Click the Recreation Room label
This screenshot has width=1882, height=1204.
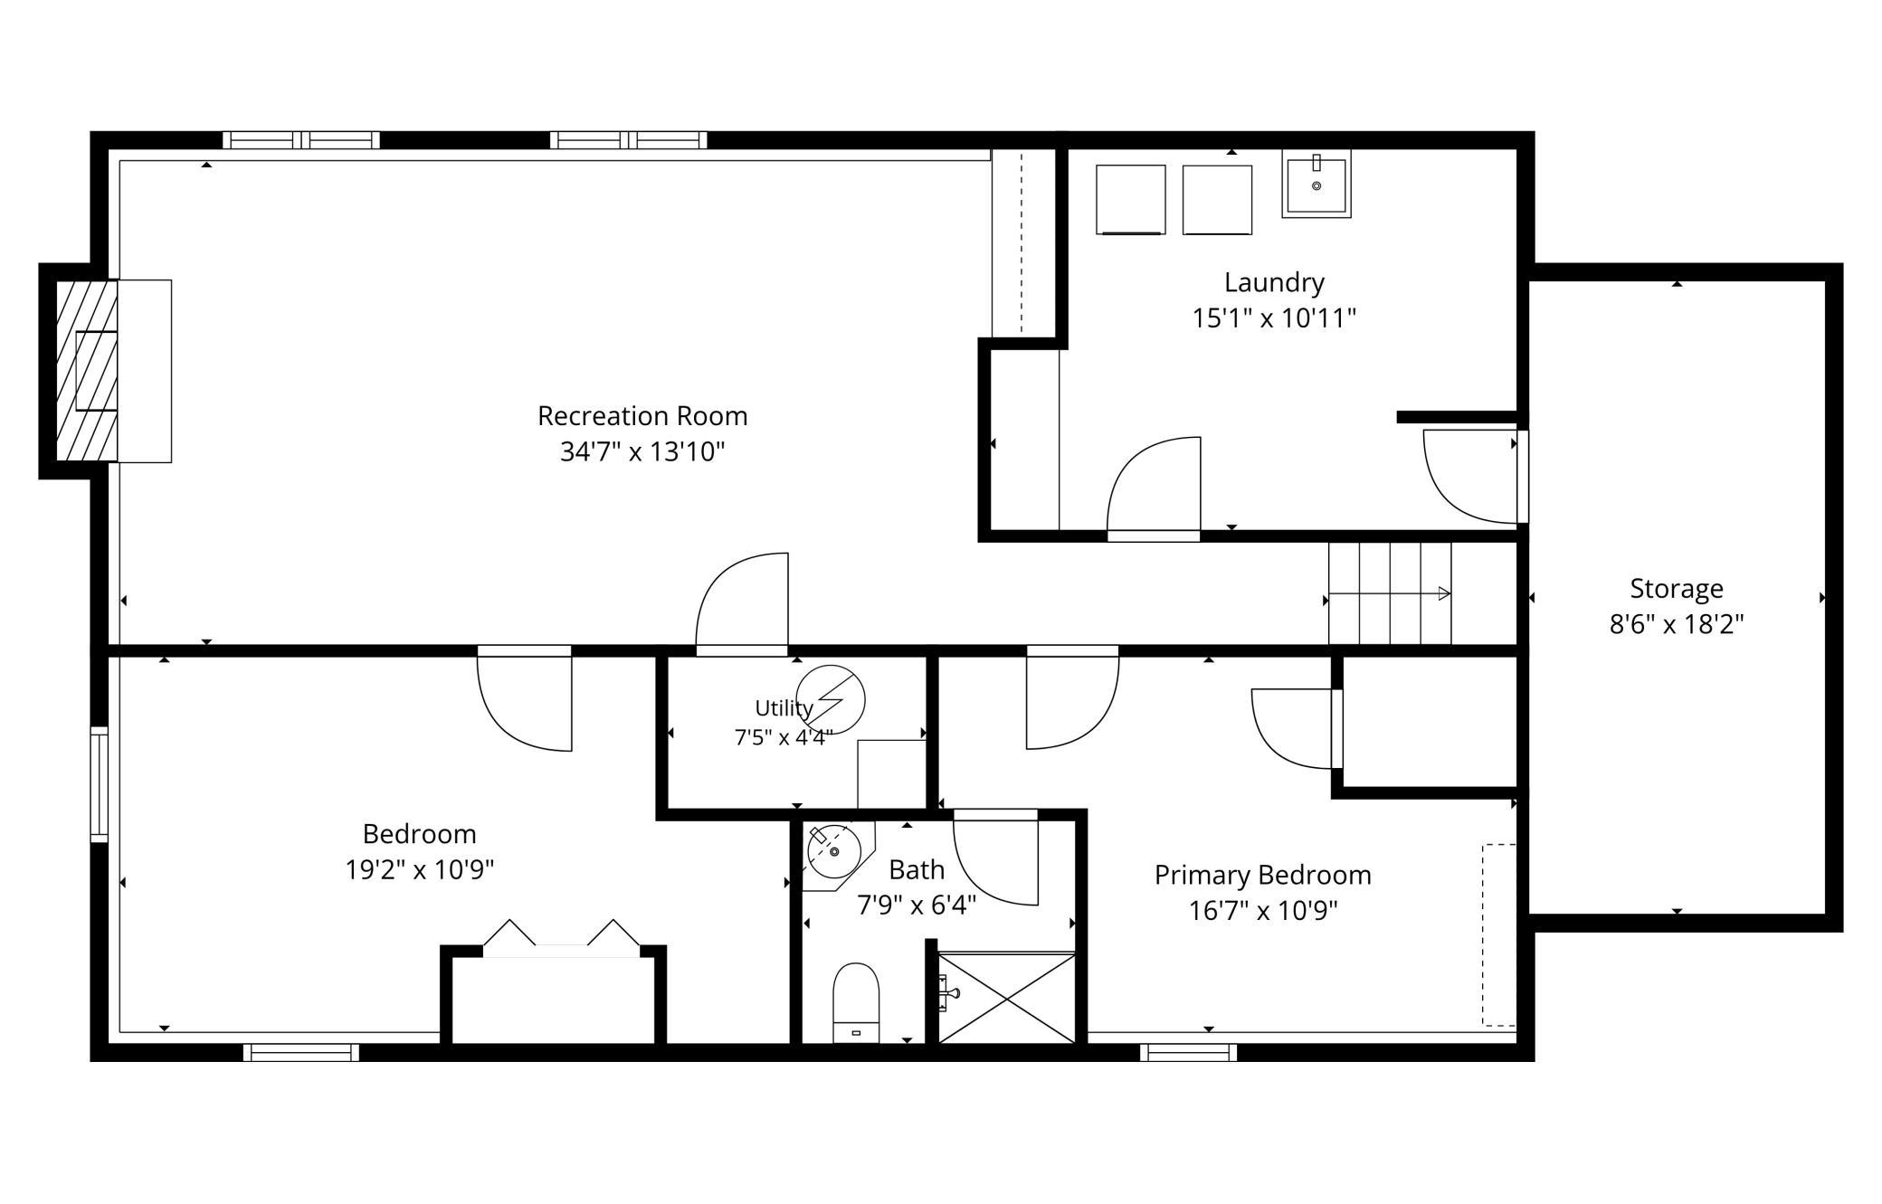point(642,416)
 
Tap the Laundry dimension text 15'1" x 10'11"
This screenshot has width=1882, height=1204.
point(1274,318)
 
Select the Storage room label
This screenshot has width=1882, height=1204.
point(1677,589)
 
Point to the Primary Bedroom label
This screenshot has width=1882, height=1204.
point(1263,876)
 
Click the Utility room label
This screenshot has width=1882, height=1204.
point(784,707)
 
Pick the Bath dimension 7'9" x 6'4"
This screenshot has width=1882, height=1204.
point(917,905)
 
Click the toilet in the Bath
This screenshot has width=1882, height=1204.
point(856,1002)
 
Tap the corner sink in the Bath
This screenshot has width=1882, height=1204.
point(834,851)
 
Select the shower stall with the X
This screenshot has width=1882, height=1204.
point(1007,998)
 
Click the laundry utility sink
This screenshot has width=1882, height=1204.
point(1316,184)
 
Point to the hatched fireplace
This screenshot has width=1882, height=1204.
point(87,371)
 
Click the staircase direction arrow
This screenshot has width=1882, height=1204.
point(1390,593)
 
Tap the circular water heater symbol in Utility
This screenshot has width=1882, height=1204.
point(831,699)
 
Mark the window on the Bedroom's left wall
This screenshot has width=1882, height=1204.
point(99,784)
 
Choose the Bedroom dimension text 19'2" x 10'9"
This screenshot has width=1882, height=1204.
point(420,870)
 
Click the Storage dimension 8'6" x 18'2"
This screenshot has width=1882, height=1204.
point(1677,624)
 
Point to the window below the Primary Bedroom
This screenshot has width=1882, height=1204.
point(1188,1052)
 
